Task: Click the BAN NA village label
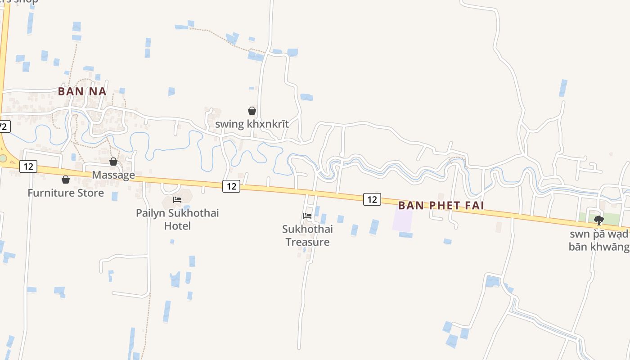[82, 91]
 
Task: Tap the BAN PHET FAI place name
[441, 206]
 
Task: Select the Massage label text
[113, 175]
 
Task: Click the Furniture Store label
[66, 193]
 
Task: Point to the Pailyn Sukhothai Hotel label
[177, 219]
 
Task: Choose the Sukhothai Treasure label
[307, 235]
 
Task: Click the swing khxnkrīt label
[252, 124]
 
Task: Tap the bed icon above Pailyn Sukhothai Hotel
[177, 199]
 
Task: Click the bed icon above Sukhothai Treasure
[307, 216]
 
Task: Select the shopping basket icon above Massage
[113, 162]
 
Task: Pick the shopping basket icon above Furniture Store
[66, 180]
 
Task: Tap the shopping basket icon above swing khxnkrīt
[252, 111]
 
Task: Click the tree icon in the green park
[598, 220]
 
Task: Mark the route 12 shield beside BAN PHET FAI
[372, 199]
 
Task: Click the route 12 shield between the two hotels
[231, 185]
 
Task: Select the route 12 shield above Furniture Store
[28, 166]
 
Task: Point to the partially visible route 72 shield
[4, 126]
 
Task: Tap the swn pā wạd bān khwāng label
[598, 240]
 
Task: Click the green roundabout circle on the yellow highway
[3, 158]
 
